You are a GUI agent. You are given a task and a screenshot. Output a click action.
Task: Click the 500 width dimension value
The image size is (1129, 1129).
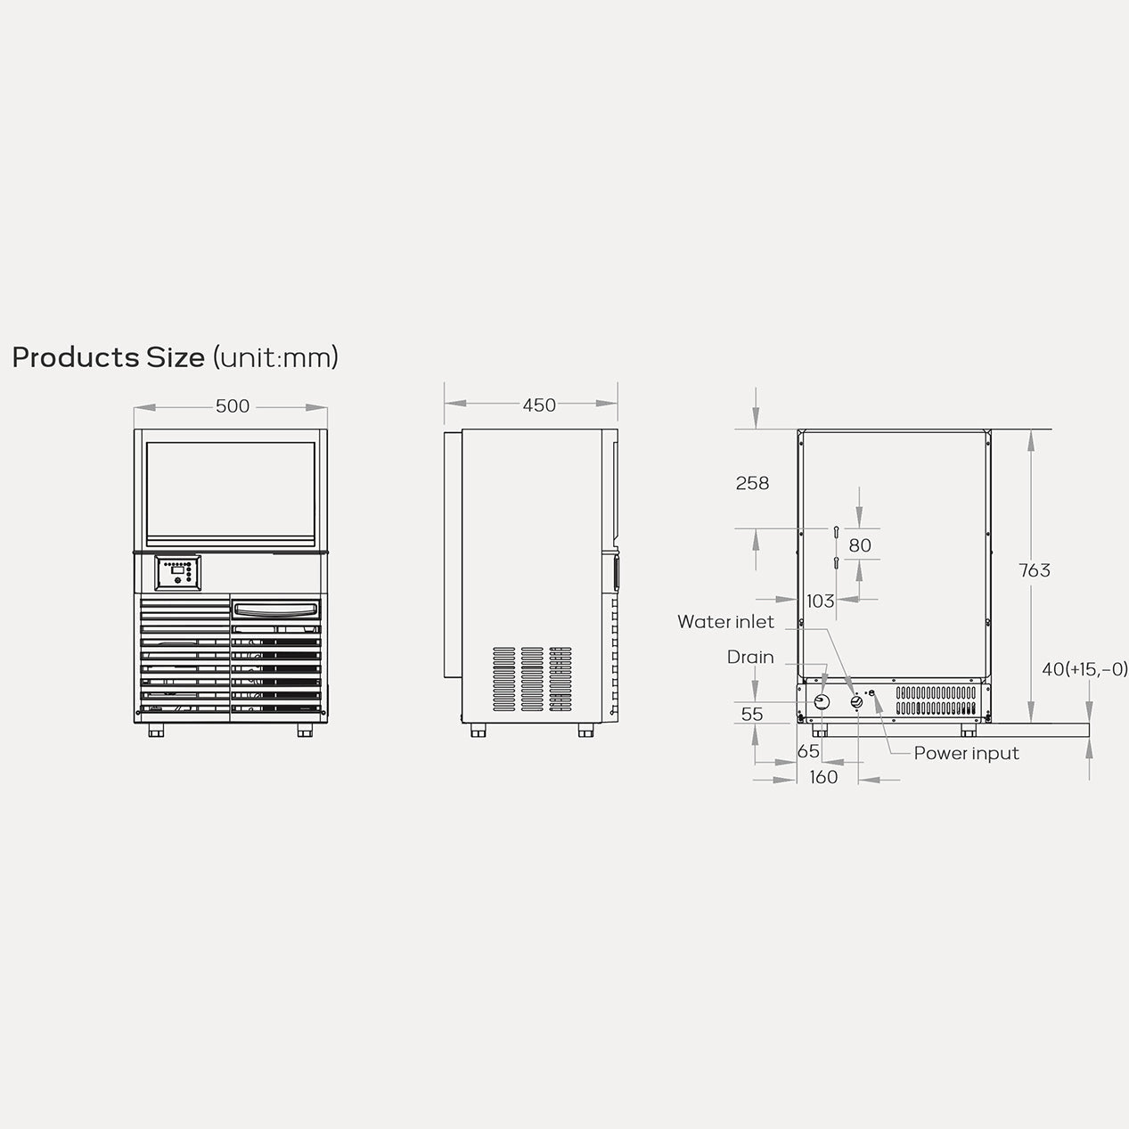pyautogui.click(x=232, y=406)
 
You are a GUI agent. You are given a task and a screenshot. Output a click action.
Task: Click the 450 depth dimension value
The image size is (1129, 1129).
pyautogui.click(x=539, y=405)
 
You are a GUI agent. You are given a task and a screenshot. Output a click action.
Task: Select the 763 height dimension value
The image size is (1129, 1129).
pyautogui.click(x=1035, y=570)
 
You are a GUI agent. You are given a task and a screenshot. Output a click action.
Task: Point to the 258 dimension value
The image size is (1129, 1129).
pyautogui.click(x=752, y=483)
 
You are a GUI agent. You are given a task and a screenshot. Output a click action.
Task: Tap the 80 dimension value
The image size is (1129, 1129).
pyautogui.click(x=860, y=545)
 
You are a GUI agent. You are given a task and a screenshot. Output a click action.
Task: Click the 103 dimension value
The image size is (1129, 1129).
pyautogui.click(x=820, y=601)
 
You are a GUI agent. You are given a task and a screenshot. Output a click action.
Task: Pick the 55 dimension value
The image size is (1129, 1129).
pyautogui.click(x=752, y=714)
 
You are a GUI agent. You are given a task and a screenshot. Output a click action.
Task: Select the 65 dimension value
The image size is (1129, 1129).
pyautogui.click(x=808, y=751)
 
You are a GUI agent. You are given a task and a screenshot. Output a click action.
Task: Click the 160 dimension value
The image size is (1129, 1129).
pyautogui.click(x=823, y=777)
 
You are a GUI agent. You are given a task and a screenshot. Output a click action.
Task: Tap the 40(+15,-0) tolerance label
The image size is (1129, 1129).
pyautogui.click(x=1084, y=668)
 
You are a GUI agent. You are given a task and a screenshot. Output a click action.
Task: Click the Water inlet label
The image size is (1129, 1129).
pyautogui.click(x=725, y=622)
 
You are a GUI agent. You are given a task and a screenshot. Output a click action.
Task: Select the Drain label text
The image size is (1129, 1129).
pyautogui.click(x=750, y=657)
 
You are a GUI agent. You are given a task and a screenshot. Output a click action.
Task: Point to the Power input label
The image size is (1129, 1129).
pyautogui.click(x=966, y=753)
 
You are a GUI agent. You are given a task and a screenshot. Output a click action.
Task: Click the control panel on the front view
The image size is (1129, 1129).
pyautogui.click(x=178, y=572)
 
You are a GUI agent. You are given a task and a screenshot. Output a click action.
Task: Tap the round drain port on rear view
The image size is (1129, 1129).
pyautogui.click(x=822, y=702)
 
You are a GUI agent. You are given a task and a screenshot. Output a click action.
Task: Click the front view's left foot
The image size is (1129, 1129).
pyautogui.click(x=157, y=731)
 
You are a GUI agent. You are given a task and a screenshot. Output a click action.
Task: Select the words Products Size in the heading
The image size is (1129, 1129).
pyautogui.click(x=108, y=357)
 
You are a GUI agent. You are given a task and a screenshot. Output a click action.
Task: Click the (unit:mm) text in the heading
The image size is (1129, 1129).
pyautogui.click(x=275, y=357)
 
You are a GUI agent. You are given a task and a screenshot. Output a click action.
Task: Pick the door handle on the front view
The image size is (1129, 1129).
pyautogui.click(x=275, y=609)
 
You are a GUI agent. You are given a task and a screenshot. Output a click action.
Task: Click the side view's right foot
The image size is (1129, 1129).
pyautogui.click(x=585, y=731)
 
